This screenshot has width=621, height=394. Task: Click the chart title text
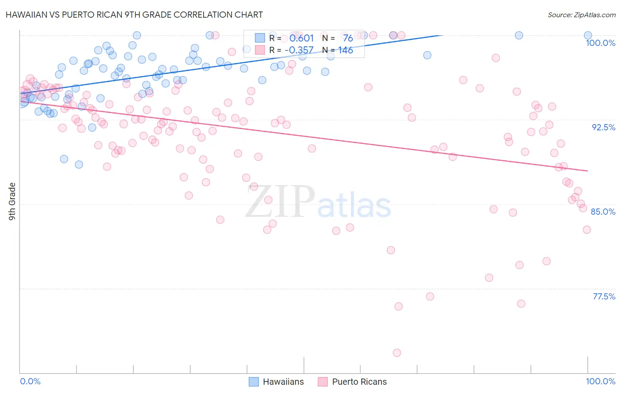(134, 15)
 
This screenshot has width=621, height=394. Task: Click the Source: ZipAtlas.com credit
(581, 15)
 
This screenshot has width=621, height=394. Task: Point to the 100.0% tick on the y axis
(600, 43)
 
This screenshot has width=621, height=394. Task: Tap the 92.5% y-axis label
(603, 127)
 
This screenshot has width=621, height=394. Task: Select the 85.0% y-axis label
(603, 212)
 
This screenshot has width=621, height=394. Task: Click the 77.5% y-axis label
(604, 296)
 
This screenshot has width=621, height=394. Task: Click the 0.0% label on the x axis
(30, 381)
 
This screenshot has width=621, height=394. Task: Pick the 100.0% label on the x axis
(600, 381)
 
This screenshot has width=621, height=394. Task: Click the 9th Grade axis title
(12, 201)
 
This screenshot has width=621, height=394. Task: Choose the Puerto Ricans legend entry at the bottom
(352, 382)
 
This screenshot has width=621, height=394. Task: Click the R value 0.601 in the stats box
(302, 38)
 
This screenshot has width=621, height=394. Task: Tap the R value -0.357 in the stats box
(299, 50)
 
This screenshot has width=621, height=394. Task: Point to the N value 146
(345, 50)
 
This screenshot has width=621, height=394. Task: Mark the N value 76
(348, 38)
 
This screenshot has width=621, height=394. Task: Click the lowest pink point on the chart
(397, 352)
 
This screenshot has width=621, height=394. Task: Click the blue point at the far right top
(588, 35)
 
